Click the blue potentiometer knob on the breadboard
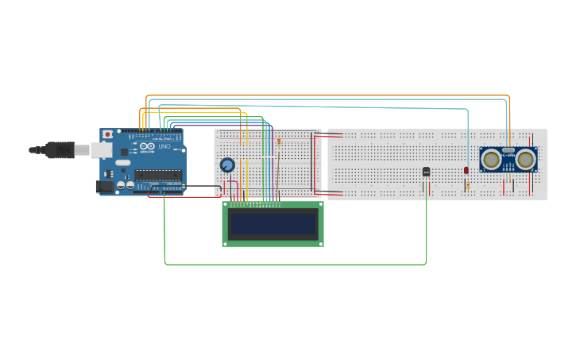[227, 165]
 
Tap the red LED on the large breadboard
[466, 170]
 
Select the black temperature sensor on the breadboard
[426, 172]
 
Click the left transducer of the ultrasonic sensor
[492, 160]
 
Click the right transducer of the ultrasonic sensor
[525, 160]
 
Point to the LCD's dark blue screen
[273, 223]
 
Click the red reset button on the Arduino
[107, 135]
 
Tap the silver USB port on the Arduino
[101, 149]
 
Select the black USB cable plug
[60, 149]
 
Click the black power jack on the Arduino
[104, 186]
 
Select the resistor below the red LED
[467, 186]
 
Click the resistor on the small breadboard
[279, 141]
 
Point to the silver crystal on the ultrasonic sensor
[508, 149]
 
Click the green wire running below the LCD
[294, 264]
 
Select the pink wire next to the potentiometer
[225, 188]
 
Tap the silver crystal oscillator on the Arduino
[123, 163]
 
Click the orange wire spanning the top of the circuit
[326, 96]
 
